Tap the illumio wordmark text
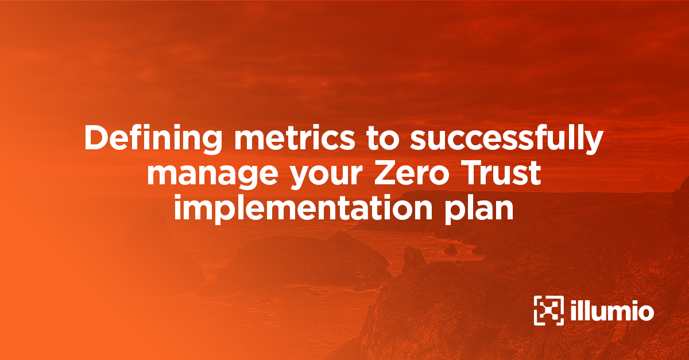613,311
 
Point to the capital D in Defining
95,138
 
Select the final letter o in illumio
645,313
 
